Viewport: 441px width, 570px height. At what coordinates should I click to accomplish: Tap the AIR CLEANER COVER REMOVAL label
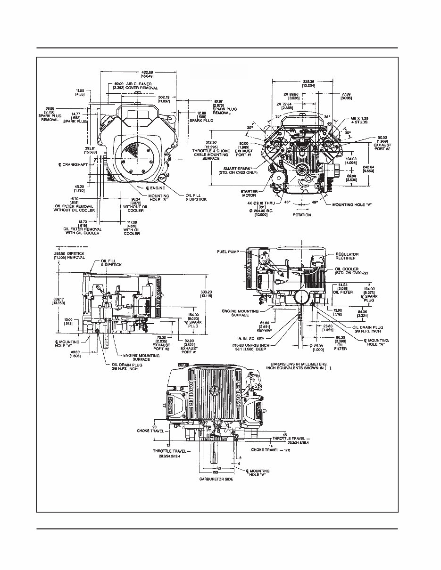pyautogui.click(x=134, y=85)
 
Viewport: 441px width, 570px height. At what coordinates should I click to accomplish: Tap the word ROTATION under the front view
pyautogui.click(x=302, y=215)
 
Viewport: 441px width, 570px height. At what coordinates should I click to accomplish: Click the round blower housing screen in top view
pyautogui.click(x=133, y=158)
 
